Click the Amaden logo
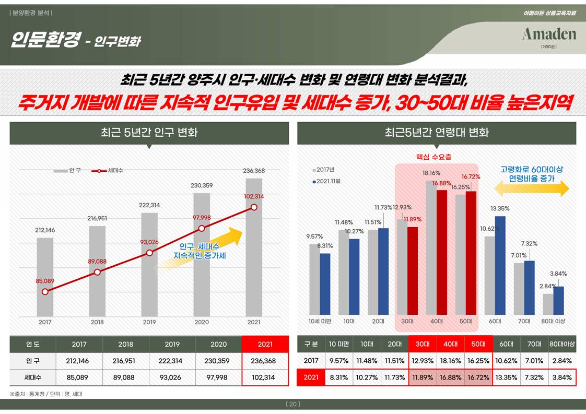click(x=548, y=35)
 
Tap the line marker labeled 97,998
click(x=202, y=228)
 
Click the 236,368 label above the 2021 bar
click(x=253, y=171)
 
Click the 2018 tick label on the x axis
click(x=97, y=322)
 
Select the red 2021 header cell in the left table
click(x=265, y=345)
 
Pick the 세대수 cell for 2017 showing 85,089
click(x=79, y=377)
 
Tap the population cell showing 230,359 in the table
click(x=218, y=361)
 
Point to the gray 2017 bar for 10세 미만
click(x=314, y=279)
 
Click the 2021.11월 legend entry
click(x=326, y=181)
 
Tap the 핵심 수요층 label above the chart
click(x=433, y=157)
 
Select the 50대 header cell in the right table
click(x=478, y=344)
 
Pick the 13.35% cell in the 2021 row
click(x=506, y=377)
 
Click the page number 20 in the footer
click(x=293, y=404)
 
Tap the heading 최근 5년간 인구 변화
click(x=149, y=133)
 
